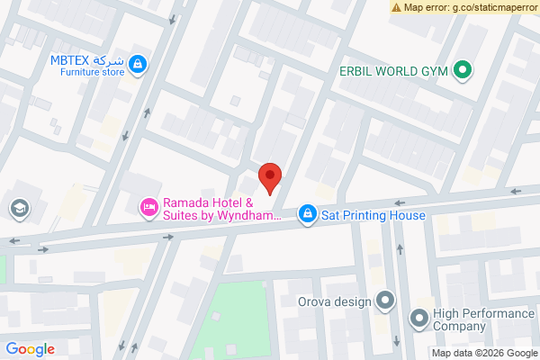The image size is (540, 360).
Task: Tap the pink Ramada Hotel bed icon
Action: [x=148, y=208]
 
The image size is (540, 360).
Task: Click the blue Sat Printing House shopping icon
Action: [x=308, y=213]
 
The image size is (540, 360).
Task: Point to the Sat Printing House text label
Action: [x=373, y=215]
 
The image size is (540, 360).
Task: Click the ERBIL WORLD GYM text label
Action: [x=393, y=70]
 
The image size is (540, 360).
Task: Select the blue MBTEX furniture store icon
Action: [x=138, y=64]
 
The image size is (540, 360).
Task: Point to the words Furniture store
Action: [x=86, y=72]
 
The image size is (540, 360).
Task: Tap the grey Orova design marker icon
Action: [x=385, y=301]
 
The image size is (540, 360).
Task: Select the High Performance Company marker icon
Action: [x=418, y=318]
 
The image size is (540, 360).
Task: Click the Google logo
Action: [x=30, y=349]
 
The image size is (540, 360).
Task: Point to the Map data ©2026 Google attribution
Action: [x=481, y=353]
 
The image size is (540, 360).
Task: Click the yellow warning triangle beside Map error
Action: [x=396, y=6]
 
